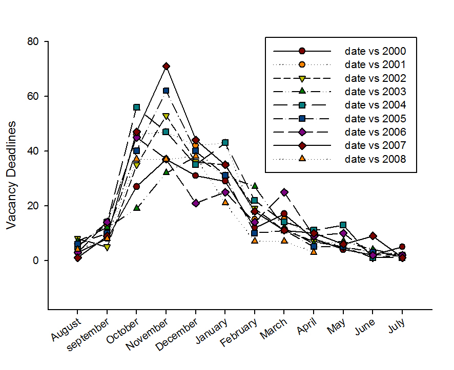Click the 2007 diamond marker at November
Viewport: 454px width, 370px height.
166,66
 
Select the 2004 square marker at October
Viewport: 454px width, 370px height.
137,107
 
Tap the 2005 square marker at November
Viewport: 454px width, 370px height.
166,91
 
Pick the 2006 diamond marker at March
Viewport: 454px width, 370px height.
284,192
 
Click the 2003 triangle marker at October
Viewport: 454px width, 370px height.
137,208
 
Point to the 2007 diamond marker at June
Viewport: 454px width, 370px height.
373,236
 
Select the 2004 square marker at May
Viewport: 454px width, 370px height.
343,225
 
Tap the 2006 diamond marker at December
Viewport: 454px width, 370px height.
195,203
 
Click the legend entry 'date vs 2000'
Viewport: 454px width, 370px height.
376,51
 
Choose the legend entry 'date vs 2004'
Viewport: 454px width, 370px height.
376,105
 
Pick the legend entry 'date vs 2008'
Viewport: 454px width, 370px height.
376,159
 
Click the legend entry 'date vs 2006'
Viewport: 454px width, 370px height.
376,132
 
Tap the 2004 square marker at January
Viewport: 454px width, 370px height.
225,142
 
